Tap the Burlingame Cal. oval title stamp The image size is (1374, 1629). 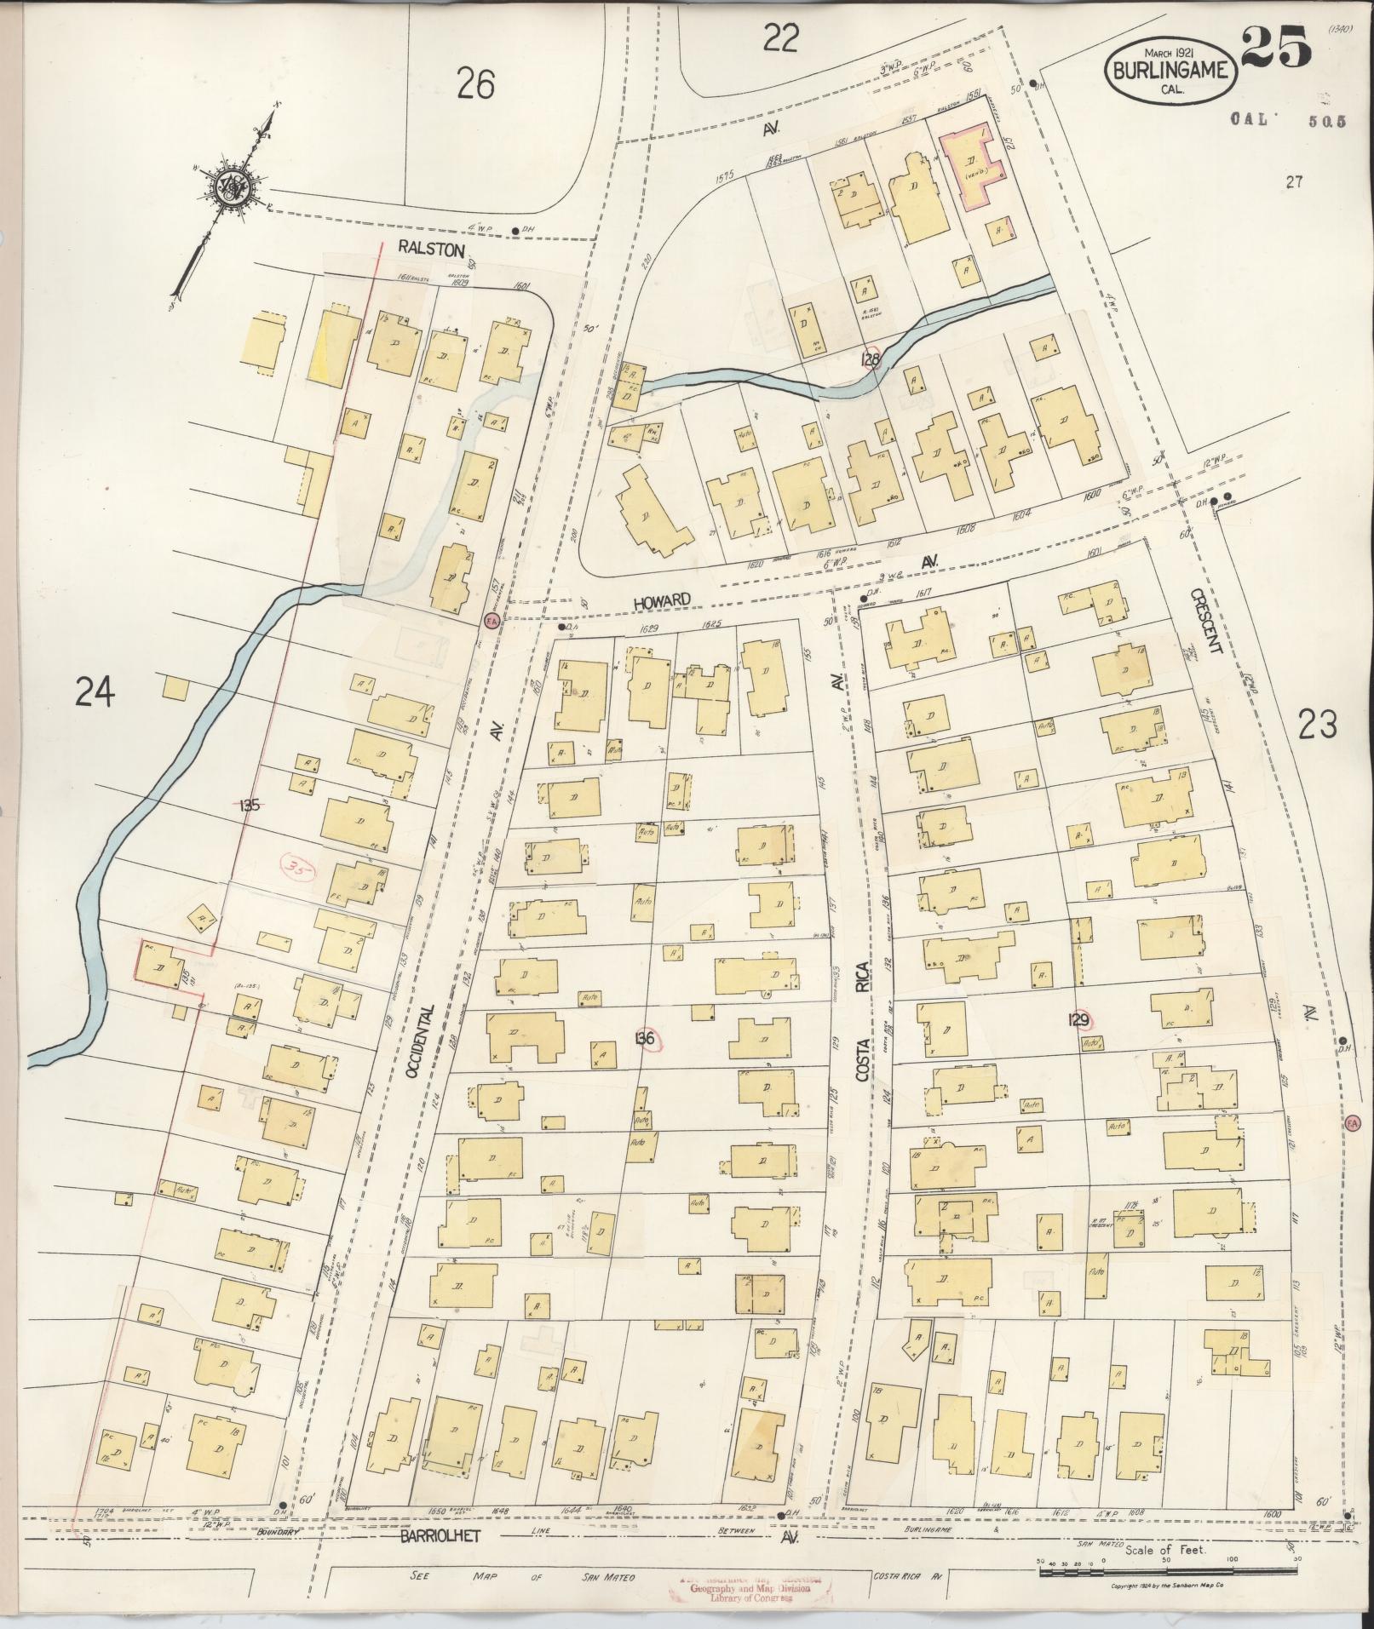click(1170, 71)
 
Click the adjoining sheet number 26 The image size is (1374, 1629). click(475, 84)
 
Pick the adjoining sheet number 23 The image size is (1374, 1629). click(1317, 725)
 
